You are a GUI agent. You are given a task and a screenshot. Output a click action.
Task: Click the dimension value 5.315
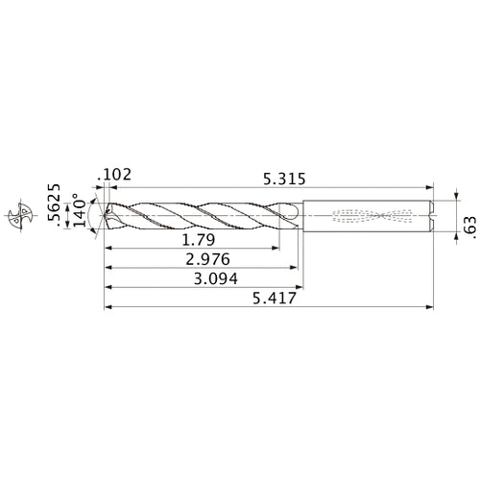(285, 178)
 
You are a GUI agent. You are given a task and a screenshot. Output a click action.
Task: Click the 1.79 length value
(197, 238)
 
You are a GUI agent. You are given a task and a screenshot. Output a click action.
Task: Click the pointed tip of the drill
(105, 215)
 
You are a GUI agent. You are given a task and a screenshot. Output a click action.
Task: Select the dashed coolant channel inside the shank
(374, 215)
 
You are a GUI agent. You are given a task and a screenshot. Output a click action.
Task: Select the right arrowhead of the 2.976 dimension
(294, 268)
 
